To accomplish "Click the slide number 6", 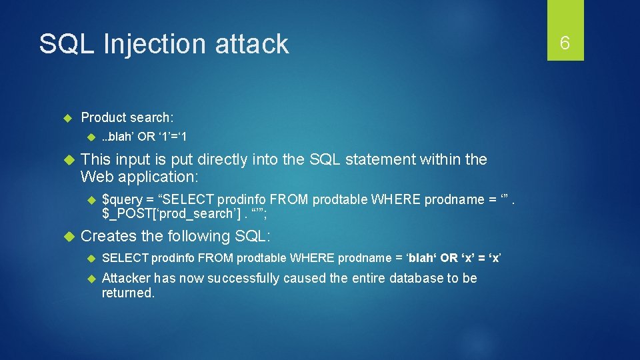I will point(565,43).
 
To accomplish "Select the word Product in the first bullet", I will point(103,117).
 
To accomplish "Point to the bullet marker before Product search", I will point(67,118).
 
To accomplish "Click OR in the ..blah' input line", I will point(146,137).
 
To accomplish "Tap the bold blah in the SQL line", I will point(421,258).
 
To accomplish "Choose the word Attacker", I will point(126,278).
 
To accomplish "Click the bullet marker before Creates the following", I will point(67,237).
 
